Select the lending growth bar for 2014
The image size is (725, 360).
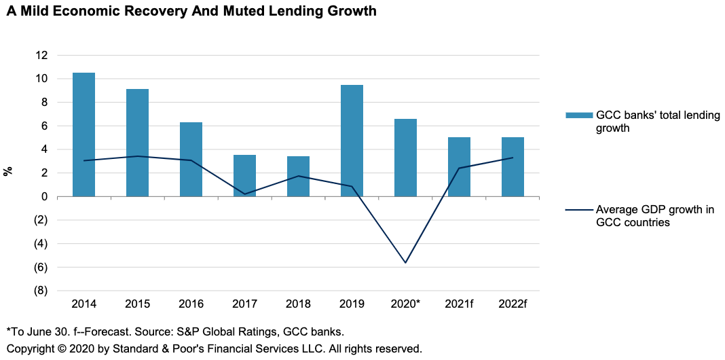(83, 134)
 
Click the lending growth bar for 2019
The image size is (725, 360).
(352, 141)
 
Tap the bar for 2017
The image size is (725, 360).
(244, 175)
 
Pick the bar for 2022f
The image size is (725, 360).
(513, 166)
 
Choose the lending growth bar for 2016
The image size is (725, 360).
(191, 159)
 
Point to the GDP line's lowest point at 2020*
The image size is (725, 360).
(406, 262)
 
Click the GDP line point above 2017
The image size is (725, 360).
(244, 194)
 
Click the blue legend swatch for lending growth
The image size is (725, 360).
(578, 115)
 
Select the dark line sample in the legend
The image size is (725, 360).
(578, 210)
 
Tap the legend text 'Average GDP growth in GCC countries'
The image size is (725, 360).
(654, 216)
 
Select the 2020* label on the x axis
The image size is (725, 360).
(406, 304)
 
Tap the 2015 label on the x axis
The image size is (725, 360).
(137, 304)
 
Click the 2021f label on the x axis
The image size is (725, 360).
(459, 304)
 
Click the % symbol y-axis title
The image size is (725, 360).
(9, 170)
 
